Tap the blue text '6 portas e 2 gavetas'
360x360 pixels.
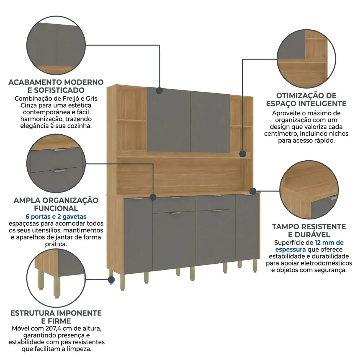tap(56, 217)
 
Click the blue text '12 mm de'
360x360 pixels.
tap(329, 243)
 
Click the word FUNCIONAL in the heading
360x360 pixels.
tap(56, 208)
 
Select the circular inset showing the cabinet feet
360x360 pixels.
tap(56, 278)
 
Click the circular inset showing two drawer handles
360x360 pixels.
tap(56, 163)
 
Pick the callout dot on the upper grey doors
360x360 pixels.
tap(159, 91)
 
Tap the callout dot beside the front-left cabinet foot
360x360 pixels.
tap(111, 280)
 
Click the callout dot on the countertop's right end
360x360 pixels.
tap(253, 191)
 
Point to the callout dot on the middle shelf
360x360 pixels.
tap(243, 154)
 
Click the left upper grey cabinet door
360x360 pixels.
tap(169, 120)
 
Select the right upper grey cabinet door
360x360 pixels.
tap(210, 122)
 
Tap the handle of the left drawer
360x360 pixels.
tap(175, 197)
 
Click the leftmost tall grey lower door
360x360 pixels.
tap(138, 236)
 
